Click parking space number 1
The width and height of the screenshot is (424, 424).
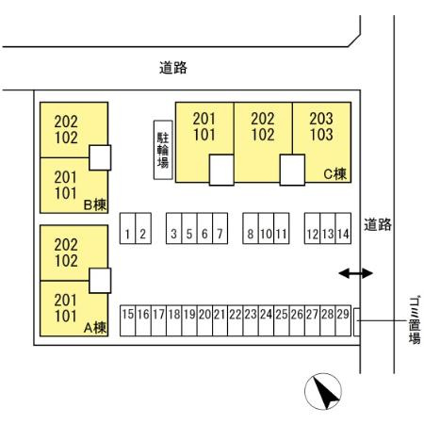[127, 228]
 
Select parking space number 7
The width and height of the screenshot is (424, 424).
[220, 228]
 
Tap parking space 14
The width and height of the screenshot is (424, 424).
[343, 228]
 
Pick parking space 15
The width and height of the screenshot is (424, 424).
[128, 320]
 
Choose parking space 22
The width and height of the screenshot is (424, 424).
[236, 320]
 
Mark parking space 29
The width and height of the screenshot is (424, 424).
[343, 320]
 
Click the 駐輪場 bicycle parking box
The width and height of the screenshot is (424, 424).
[163, 150]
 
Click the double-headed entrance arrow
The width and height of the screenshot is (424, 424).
[355, 273]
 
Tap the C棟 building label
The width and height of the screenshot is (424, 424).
[334, 173]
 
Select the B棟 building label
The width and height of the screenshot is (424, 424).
[95, 204]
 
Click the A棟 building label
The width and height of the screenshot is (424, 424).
[95, 328]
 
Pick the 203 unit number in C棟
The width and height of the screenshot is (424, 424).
[321, 119]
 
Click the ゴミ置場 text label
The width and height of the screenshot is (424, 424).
[415, 320]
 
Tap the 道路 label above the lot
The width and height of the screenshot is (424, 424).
[173, 68]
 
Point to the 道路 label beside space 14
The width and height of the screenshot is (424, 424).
[378, 224]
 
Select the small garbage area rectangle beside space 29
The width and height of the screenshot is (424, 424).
[357, 322]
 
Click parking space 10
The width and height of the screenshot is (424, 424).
[267, 228]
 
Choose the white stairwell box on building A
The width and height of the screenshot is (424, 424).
[100, 281]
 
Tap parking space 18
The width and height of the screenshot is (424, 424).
[174, 320]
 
